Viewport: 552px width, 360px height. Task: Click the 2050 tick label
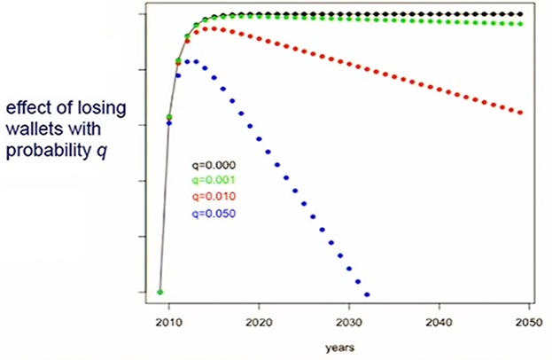tap(528, 323)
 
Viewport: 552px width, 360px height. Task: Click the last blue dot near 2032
tap(367, 294)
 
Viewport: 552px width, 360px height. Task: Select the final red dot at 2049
tap(521, 113)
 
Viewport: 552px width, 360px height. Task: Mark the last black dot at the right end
tap(521, 15)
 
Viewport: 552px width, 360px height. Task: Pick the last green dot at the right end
tap(521, 24)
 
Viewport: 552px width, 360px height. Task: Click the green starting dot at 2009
tap(159, 292)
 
